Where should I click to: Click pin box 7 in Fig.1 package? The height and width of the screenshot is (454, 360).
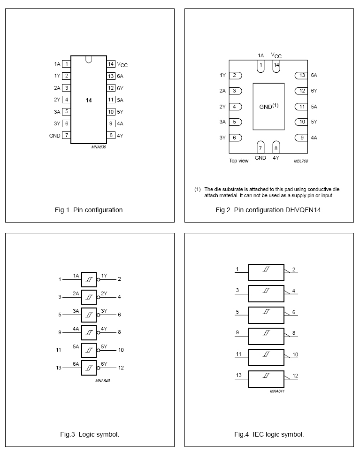pos(67,136)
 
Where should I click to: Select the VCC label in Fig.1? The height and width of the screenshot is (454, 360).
pos(122,64)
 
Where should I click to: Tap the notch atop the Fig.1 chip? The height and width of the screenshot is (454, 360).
pos(89,59)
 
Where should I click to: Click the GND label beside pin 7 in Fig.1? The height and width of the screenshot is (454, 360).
pos(54,136)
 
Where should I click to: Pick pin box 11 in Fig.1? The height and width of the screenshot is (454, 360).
pos(111,100)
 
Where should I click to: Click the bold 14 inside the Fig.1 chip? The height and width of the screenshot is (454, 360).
pos(89,100)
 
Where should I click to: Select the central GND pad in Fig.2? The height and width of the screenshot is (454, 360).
pos(268,107)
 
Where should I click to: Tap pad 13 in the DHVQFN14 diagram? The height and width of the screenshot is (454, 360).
pos(301,75)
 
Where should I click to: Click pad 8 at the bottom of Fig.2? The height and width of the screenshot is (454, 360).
pos(276,147)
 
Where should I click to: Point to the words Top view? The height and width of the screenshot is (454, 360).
pos(238,161)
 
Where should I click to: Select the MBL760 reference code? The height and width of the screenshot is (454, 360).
pos(301,161)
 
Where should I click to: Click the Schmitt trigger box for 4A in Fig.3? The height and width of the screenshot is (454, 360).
pos(89,332)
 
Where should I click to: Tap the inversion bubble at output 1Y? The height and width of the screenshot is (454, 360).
pos(98,279)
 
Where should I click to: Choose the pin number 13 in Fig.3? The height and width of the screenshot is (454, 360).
pos(59,368)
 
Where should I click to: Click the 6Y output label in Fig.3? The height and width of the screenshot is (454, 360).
pos(104,364)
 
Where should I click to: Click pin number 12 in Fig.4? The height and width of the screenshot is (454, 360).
pos(295,376)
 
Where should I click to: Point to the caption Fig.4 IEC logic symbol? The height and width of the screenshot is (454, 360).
pos(269,434)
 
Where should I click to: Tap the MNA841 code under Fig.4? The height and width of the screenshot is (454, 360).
pos(277,391)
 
